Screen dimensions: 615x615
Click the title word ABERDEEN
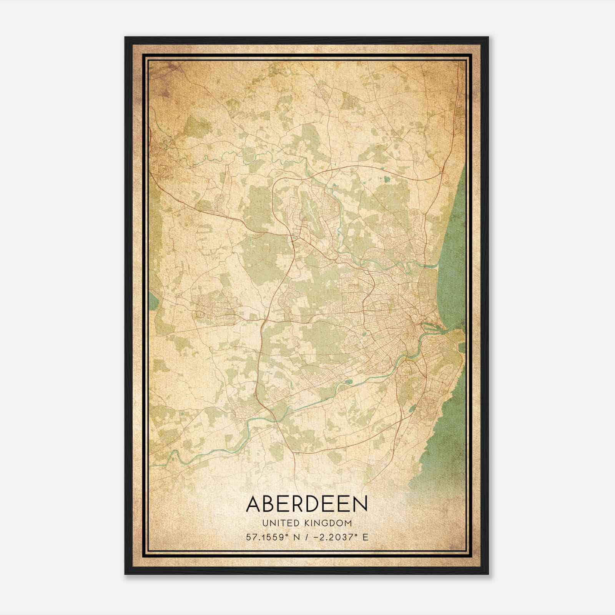[307, 504]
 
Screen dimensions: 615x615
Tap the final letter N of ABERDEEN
[360, 504]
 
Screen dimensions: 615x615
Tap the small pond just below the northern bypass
[386, 179]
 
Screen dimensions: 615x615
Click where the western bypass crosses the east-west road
[264, 319]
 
